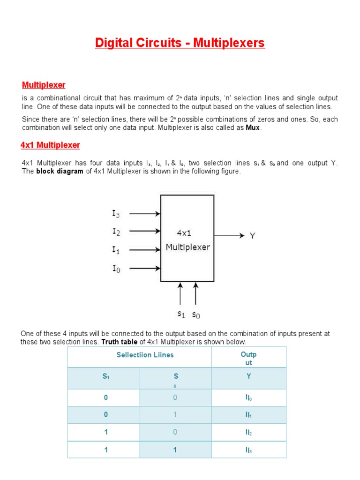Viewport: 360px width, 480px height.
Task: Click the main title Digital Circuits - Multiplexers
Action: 180,44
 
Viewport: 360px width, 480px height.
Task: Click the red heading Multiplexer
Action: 44,85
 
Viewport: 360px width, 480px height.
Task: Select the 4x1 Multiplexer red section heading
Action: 50,145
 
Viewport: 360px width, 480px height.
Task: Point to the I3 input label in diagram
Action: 116,214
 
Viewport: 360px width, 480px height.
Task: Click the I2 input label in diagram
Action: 116,232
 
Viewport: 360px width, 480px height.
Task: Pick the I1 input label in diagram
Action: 116,250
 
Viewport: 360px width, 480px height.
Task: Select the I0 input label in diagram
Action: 116,269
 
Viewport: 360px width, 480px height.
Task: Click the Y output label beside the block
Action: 252,236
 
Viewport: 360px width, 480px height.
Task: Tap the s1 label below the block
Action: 180,315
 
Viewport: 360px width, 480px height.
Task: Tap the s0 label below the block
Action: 196,315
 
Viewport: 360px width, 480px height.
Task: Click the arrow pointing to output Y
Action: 229,235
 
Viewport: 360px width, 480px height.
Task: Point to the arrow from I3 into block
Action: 144,214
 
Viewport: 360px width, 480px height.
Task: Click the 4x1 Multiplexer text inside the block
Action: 187,240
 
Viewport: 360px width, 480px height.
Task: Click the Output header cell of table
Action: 248,359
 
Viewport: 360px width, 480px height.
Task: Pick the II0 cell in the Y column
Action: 248,398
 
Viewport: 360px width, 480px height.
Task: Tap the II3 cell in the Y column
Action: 248,450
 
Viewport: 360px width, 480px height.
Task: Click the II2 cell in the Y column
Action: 248,433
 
